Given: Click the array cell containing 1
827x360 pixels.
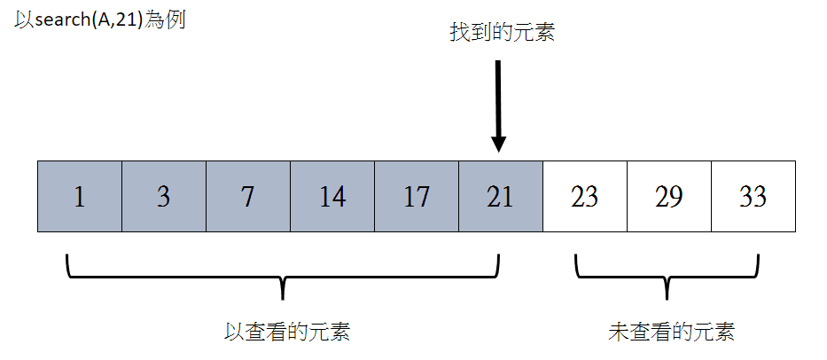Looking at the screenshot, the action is tap(80, 196).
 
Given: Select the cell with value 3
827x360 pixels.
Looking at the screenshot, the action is tap(164, 196).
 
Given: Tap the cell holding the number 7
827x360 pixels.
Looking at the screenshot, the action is tap(248, 196).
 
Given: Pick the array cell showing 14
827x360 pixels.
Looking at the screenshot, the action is tap(332, 196).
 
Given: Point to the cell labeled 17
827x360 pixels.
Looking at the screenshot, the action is tap(417, 196).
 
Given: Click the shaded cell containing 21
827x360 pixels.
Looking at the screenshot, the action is tap(501, 196).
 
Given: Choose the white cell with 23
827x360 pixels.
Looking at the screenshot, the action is tap(585, 196).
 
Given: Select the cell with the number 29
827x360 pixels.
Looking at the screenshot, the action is tap(669, 196).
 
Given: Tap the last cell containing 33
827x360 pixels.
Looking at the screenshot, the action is tap(753, 196).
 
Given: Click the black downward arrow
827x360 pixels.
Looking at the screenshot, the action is tap(498, 106).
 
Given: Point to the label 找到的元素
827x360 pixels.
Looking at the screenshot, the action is tap(502, 33).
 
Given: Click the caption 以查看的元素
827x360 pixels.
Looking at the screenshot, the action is tap(287, 332).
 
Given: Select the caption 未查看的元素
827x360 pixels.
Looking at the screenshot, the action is tap(671, 332).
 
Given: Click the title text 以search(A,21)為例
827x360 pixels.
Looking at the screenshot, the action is tap(100, 21).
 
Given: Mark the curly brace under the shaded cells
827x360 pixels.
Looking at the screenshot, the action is tap(284, 276).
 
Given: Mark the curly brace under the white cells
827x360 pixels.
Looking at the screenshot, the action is tap(667, 276).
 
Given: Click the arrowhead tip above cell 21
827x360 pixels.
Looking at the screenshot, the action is tap(498, 153).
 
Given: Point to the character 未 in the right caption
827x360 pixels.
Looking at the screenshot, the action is tap(619, 332).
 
